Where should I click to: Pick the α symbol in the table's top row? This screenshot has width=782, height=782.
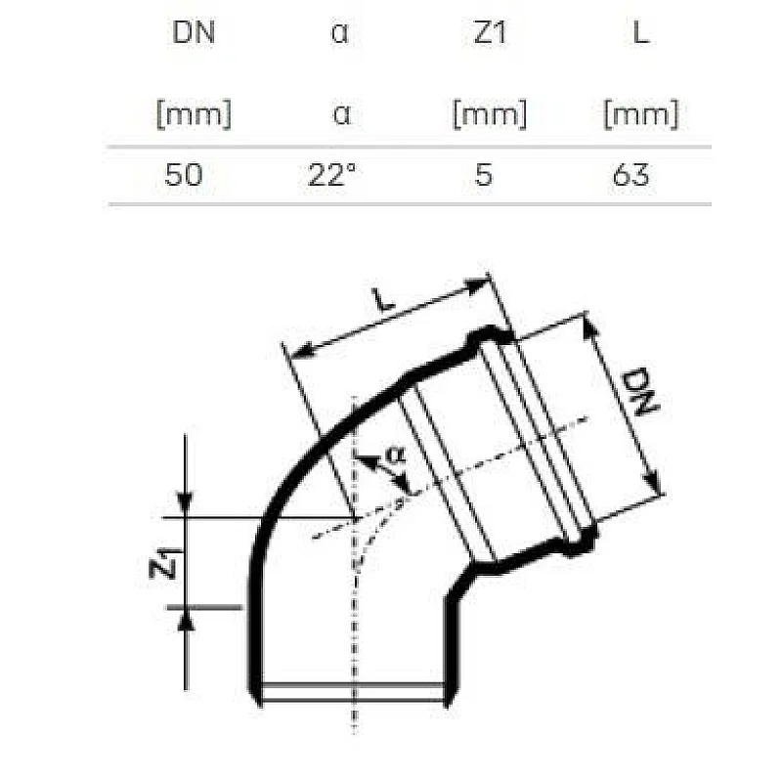[x=340, y=35]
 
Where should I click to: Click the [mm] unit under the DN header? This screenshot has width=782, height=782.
[x=193, y=115]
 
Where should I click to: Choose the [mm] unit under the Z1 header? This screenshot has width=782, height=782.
[x=489, y=115]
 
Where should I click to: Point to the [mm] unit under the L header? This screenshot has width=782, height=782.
[x=640, y=115]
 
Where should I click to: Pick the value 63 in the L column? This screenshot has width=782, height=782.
[x=631, y=176]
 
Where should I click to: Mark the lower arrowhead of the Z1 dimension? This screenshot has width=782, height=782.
[x=187, y=617]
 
